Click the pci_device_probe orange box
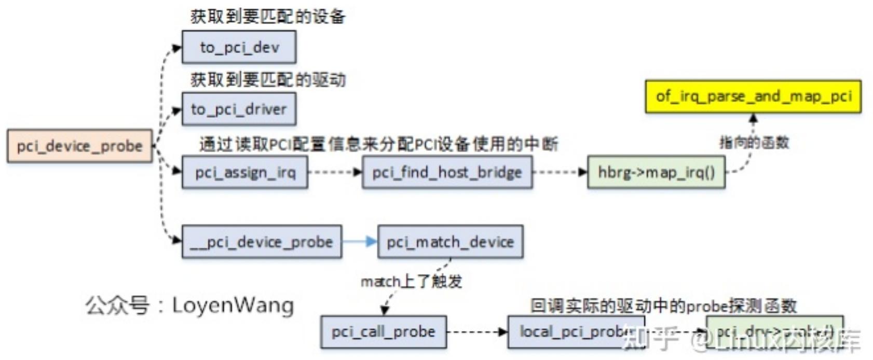pyautogui.click(x=79, y=146)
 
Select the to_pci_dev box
pyautogui.click(x=239, y=47)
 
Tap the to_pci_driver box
pyautogui.click(x=239, y=109)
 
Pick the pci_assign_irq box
pyautogui.click(x=244, y=172)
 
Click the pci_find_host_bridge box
pyautogui.click(x=447, y=172)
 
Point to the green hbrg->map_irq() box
pyautogui.click(x=656, y=172)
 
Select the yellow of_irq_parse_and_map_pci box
pyautogui.click(x=753, y=96)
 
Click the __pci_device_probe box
pyautogui.click(x=262, y=242)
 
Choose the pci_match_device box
pyautogui.click(x=450, y=242)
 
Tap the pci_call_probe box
pyautogui.click(x=383, y=331)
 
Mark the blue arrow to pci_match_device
pyautogui.click(x=359, y=242)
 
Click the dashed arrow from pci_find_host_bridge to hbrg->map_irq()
pyautogui.click(x=560, y=172)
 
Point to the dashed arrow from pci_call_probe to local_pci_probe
pyautogui.click(x=476, y=331)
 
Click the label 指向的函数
pyautogui.click(x=754, y=142)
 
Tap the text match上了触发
pyautogui.click(x=411, y=282)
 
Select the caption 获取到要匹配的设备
pyautogui.click(x=267, y=17)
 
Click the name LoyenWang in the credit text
pyautogui.click(x=233, y=306)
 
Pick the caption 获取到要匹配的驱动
pyautogui.click(x=267, y=79)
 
